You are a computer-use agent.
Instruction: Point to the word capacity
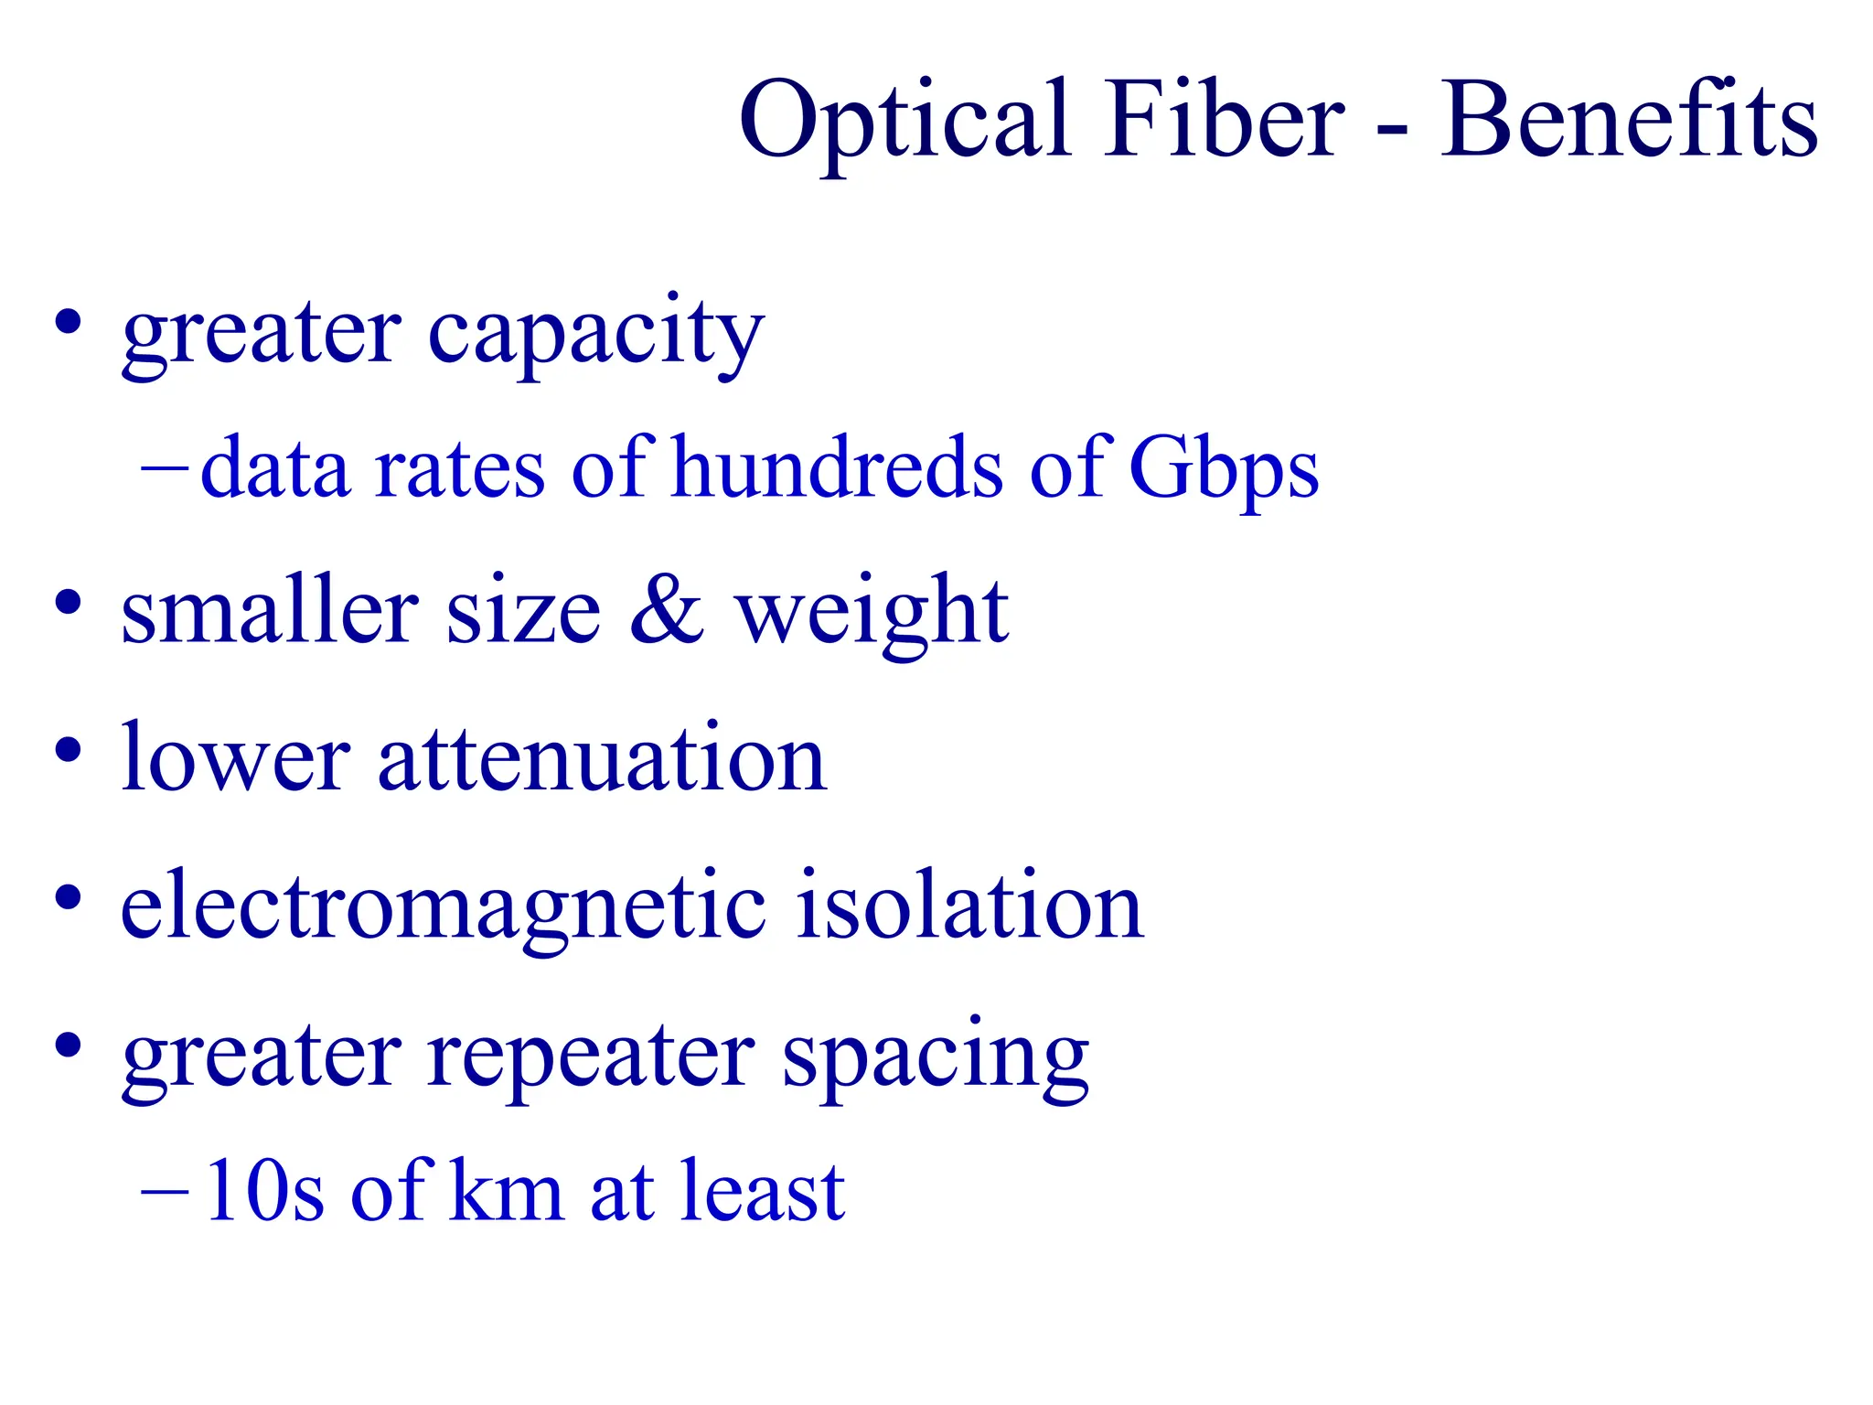[595, 335]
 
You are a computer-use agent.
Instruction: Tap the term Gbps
[1224, 468]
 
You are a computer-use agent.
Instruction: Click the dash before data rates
[164, 468]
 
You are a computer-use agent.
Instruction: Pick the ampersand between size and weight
[667, 611]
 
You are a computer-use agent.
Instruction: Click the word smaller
[269, 611]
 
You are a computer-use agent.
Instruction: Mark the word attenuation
[603, 759]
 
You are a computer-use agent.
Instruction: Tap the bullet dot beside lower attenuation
[68, 750]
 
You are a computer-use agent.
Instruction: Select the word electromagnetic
[444, 907]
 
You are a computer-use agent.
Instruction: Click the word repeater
[591, 1057]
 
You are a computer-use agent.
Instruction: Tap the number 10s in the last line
[264, 1191]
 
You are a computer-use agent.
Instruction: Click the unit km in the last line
[506, 1191]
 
